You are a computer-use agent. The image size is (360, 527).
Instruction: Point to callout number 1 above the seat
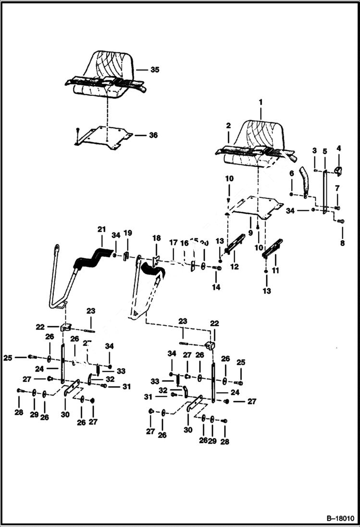[x=261, y=102]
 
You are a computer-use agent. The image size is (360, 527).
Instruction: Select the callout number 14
[x=217, y=287]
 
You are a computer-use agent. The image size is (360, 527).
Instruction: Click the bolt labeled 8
[x=341, y=221]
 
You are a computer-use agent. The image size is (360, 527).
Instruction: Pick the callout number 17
[x=173, y=244]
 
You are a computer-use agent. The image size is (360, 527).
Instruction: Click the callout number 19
[x=128, y=233]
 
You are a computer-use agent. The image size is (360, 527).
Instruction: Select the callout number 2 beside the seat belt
[x=228, y=125]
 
